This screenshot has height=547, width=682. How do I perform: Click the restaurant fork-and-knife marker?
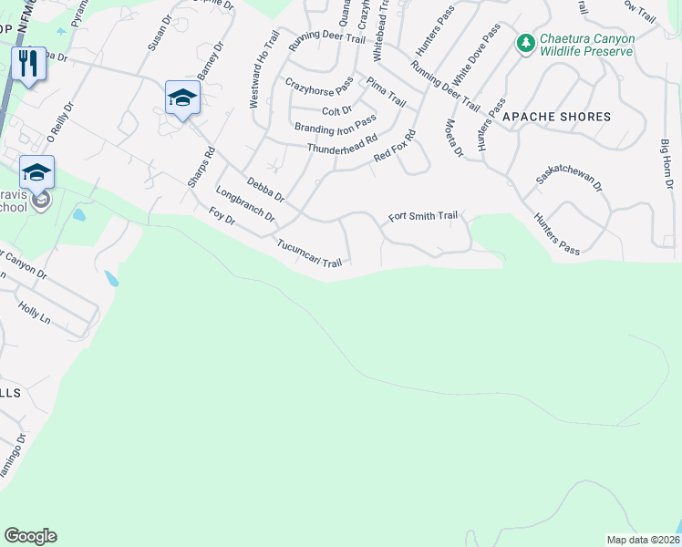[x=28, y=64]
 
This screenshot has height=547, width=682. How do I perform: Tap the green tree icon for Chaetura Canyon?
[x=525, y=43]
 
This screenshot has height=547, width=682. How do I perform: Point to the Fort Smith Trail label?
[x=423, y=217]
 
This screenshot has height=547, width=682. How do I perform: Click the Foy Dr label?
[x=222, y=220]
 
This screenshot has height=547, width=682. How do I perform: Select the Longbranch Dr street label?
[x=245, y=204]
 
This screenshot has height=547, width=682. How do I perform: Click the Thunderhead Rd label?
[x=342, y=145]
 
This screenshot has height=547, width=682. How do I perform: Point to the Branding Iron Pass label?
[x=335, y=124]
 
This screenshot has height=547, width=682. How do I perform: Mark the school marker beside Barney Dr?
[x=182, y=98]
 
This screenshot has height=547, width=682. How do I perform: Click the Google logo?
[x=30, y=536]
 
